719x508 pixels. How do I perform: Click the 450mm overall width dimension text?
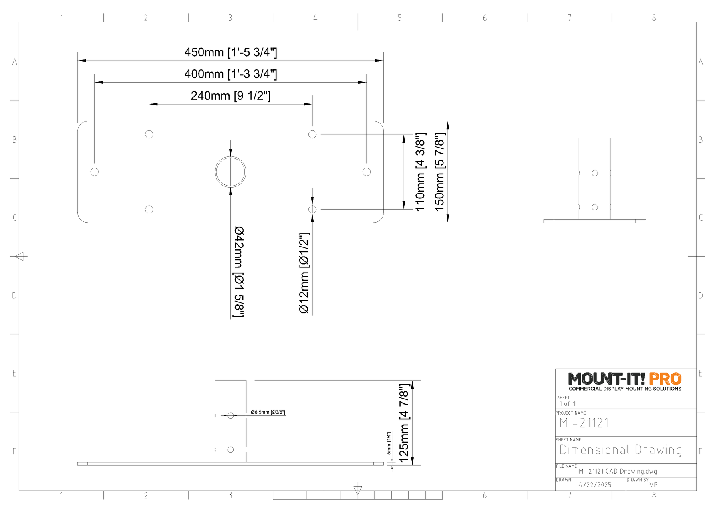(x=230, y=52)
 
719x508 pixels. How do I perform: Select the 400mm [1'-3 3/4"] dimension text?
(x=230, y=74)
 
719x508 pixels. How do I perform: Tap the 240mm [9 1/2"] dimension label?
(x=230, y=96)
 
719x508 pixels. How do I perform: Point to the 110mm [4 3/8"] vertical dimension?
(x=420, y=172)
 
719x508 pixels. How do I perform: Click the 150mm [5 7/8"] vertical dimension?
(x=439, y=172)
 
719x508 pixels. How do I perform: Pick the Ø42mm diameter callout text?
(x=239, y=272)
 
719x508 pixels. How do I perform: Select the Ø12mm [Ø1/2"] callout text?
(x=304, y=273)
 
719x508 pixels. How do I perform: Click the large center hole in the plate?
(x=230, y=156)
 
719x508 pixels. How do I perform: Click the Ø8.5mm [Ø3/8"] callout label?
(x=268, y=412)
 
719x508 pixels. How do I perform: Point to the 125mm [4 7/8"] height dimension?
(x=404, y=423)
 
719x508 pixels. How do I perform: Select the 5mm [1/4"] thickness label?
(x=389, y=443)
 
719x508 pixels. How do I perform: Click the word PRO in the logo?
(x=665, y=379)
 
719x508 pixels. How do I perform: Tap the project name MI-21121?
(x=584, y=423)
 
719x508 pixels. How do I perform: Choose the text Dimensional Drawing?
(x=621, y=450)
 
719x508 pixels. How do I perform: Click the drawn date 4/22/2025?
(x=595, y=485)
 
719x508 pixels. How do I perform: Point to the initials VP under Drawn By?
(x=653, y=485)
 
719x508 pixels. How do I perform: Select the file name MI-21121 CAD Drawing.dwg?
(x=618, y=472)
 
